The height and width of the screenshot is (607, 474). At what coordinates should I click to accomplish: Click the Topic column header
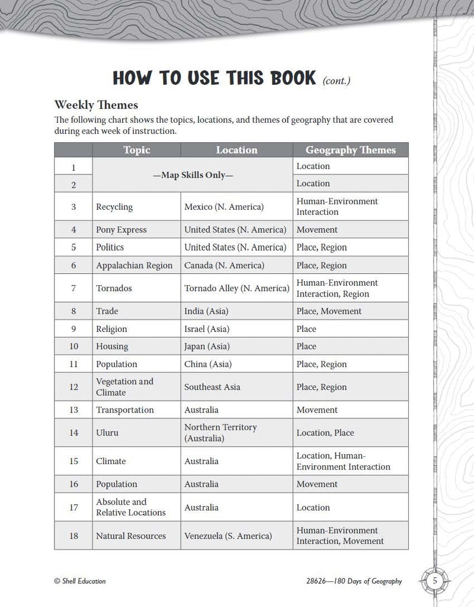(x=136, y=150)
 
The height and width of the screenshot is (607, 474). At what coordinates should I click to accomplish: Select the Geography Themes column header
(x=350, y=150)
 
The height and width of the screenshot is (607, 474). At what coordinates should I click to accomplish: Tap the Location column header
(x=236, y=150)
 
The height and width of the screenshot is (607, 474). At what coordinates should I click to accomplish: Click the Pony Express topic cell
(x=121, y=229)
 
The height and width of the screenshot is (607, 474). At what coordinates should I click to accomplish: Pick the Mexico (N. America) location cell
(x=224, y=207)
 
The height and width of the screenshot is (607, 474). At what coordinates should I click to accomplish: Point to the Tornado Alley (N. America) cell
(x=237, y=288)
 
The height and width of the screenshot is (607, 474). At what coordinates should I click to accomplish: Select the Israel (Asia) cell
(x=207, y=329)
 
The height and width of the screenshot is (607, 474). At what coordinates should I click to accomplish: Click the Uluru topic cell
(x=107, y=433)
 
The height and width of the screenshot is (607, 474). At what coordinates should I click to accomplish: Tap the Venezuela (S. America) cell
(x=228, y=536)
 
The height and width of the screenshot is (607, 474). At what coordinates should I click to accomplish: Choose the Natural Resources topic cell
(x=131, y=536)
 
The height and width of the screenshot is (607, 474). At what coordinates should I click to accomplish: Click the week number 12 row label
(x=73, y=387)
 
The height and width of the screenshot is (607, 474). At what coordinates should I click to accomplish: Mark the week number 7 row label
(x=73, y=288)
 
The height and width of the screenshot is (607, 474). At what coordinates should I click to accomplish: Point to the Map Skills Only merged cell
(x=193, y=175)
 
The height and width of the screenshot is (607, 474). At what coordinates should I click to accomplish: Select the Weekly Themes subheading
(x=96, y=105)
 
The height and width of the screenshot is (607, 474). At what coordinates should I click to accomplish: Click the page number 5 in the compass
(x=435, y=581)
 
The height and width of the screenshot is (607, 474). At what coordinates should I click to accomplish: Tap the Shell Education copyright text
(x=80, y=582)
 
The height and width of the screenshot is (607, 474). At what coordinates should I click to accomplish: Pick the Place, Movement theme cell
(x=329, y=311)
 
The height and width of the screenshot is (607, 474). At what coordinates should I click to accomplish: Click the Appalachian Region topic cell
(x=134, y=266)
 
